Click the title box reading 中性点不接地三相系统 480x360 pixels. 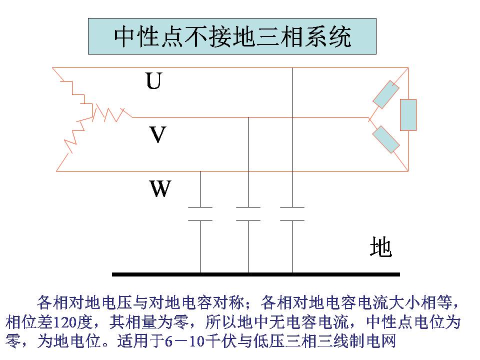coord(232,36)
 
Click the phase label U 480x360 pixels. coord(153,81)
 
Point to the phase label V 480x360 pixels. coord(157,135)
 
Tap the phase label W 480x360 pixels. coord(160,189)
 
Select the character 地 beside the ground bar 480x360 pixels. coord(380,247)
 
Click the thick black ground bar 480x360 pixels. coord(255,274)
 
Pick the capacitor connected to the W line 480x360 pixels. coord(200,213)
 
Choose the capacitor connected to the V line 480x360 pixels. coord(248,213)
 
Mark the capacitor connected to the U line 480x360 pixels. coord(292,213)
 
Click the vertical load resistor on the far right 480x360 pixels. coord(408,114)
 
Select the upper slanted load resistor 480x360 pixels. coord(386,95)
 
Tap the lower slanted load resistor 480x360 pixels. coord(386,139)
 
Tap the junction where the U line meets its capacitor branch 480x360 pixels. coord(292,67)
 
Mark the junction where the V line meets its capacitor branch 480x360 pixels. coord(248,117)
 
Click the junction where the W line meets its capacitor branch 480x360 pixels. coord(200,171)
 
